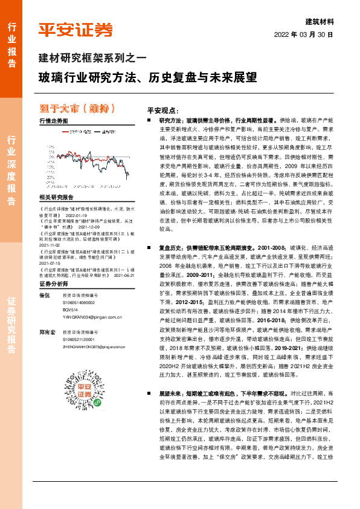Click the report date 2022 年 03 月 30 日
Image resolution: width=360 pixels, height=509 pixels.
(304, 34)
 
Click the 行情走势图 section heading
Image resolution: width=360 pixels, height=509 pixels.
(54, 122)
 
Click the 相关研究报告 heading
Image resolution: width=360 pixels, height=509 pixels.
(56, 197)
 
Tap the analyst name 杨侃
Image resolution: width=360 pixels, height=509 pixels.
(43, 278)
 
